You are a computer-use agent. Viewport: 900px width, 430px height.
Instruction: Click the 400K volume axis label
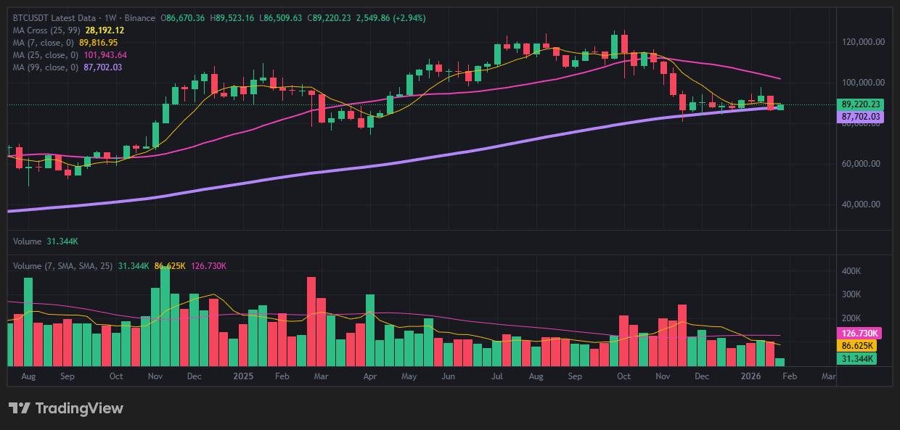[851, 271]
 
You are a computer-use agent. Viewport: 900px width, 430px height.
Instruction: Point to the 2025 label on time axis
[243, 376]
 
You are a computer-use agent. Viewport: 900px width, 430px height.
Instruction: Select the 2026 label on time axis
[750, 376]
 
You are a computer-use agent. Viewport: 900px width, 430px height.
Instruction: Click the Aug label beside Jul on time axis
[537, 376]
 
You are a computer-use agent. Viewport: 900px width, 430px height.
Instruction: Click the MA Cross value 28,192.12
[105, 30]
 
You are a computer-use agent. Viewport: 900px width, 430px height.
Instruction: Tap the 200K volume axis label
[851, 318]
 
